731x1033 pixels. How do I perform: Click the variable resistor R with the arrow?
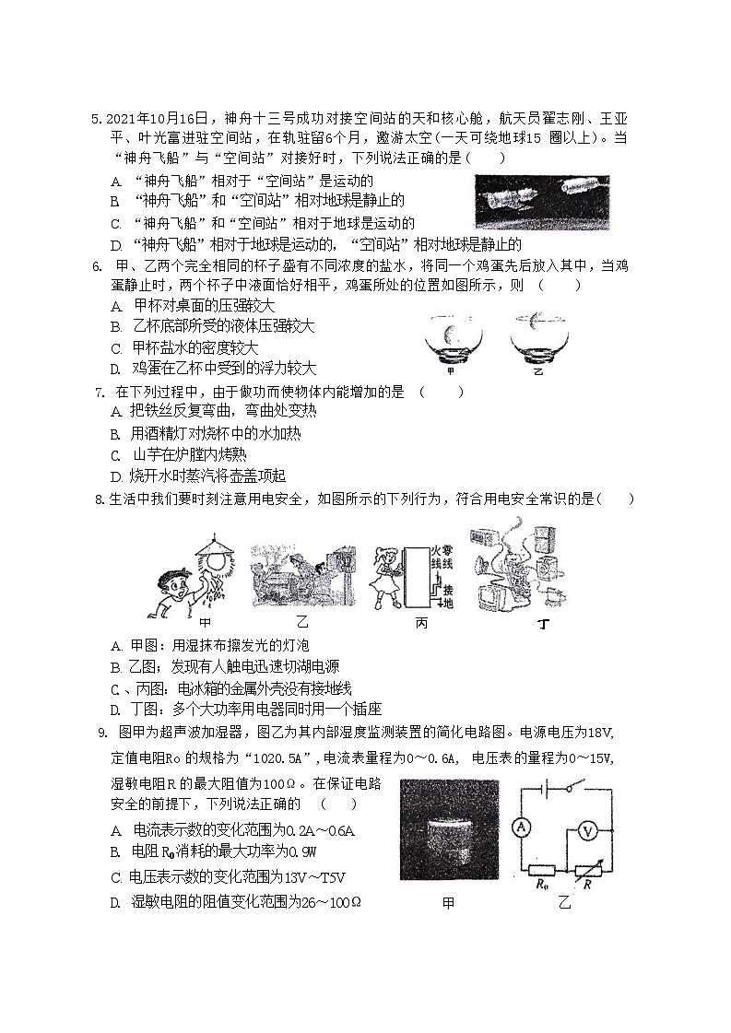click(x=587, y=870)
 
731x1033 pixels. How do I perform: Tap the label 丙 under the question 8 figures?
click(x=421, y=624)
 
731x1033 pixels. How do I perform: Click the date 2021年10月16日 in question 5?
click(x=159, y=119)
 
